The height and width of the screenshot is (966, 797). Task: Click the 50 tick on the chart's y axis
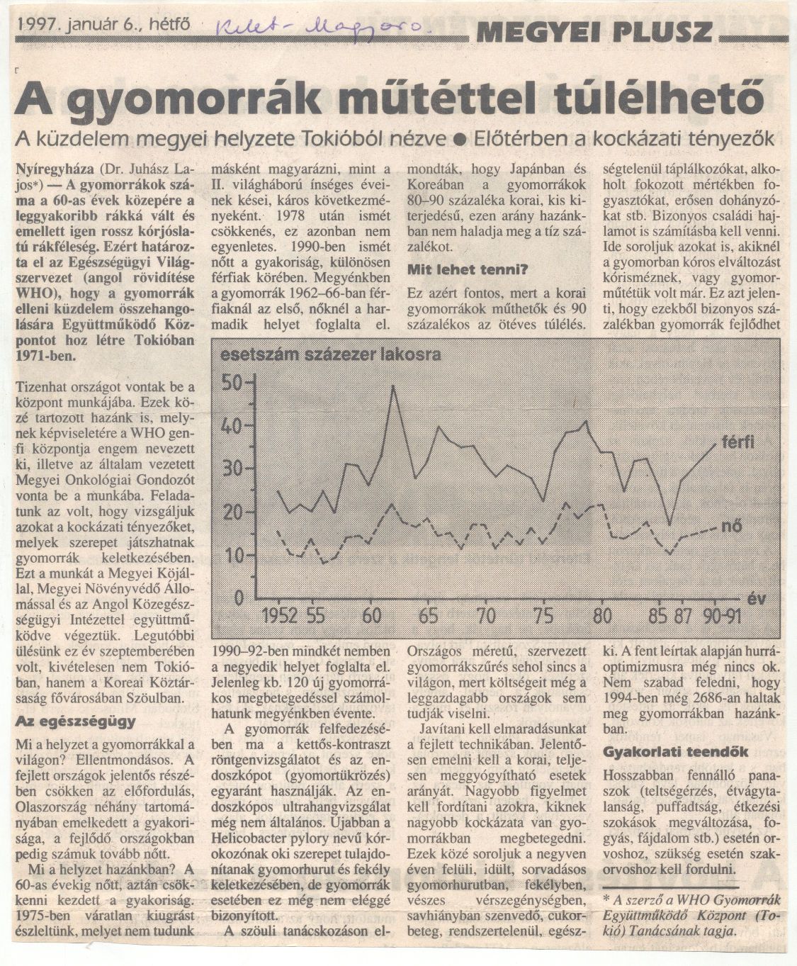233,383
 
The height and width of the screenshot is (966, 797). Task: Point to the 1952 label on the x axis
278,615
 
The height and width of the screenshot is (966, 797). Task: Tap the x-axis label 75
542,615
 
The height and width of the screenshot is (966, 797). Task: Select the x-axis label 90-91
721,615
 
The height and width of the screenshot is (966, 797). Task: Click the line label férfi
737,444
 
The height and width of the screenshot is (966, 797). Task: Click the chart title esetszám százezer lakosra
331,354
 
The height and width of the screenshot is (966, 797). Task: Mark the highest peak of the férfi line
393,387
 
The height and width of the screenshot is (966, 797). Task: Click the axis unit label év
756,597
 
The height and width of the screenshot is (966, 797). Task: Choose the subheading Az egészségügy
75,722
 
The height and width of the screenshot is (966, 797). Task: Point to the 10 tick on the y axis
233,555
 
